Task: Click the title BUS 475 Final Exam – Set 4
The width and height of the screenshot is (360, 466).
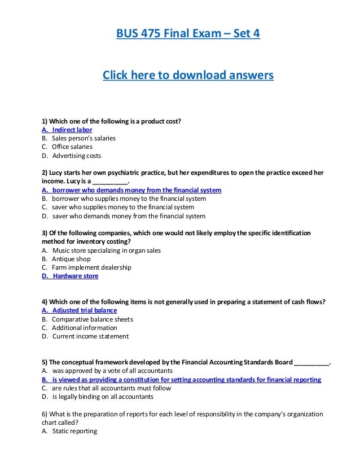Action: [x=188, y=34]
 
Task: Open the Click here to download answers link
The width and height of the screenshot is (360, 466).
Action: [x=188, y=75]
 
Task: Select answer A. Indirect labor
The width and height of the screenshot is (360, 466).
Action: [x=67, y=129]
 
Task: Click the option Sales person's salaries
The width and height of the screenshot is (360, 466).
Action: [x=84, y=138]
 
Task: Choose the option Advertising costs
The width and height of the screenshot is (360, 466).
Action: [x=77, y=156]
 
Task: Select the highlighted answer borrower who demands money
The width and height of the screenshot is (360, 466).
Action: [x=131, y=190]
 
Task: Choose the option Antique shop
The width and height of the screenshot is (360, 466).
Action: [x=71, y=259]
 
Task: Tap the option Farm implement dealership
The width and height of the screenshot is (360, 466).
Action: [x=91, y=267]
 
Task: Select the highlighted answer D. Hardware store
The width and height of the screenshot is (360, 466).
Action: [x=70, y=276]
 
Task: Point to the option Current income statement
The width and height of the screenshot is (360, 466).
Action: [x=90, y=336]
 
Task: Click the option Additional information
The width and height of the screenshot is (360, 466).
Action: [x=85, y=328]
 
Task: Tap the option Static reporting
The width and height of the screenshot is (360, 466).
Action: [x=74, y=431]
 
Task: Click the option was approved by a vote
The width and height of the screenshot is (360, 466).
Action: [x=112, y=371]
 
